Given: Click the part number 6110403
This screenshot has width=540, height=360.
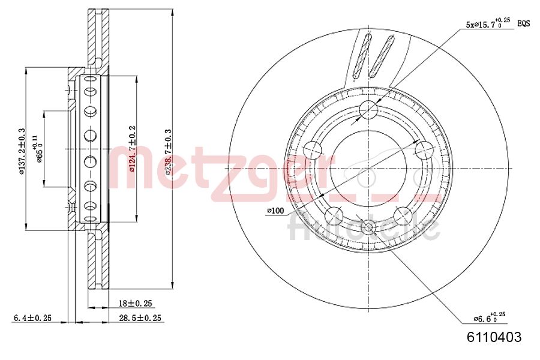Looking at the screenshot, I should point(494,337).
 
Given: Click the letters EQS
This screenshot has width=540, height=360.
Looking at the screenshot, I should point(524,24).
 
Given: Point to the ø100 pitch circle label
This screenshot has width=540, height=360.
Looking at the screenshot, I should point(275,211).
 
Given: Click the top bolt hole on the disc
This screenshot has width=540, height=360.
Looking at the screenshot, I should point(369,109).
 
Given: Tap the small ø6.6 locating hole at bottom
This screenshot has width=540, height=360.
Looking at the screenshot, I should point(369,226).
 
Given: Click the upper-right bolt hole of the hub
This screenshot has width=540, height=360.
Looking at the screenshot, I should point(424,149).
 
